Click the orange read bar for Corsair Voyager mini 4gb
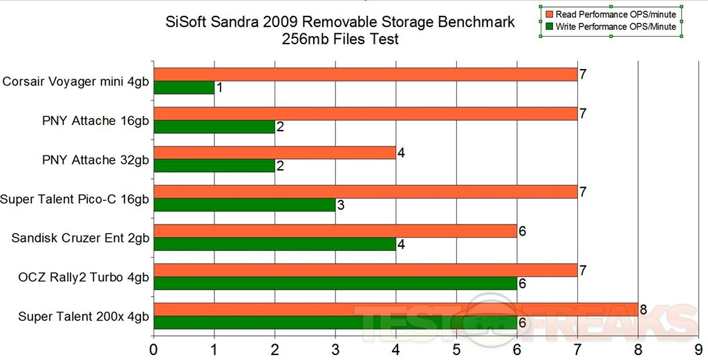[x=365, y=75]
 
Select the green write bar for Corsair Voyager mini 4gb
[x=184, y=88]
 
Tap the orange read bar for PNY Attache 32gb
[x=274, y=153]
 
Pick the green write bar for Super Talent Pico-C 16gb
[x=244, y=205]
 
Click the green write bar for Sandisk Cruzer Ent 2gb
[x=274, y=244]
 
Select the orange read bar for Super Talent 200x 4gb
[x=395, y=309]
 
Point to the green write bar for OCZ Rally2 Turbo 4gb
[x=335, y=283]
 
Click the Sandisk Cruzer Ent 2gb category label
[x=82, y=238]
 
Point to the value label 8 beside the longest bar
[x=643, y=310]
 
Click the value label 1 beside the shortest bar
[x=219, y=88]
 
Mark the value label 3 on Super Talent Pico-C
[x=340, y=205]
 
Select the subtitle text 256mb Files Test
[x=340, y=39]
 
